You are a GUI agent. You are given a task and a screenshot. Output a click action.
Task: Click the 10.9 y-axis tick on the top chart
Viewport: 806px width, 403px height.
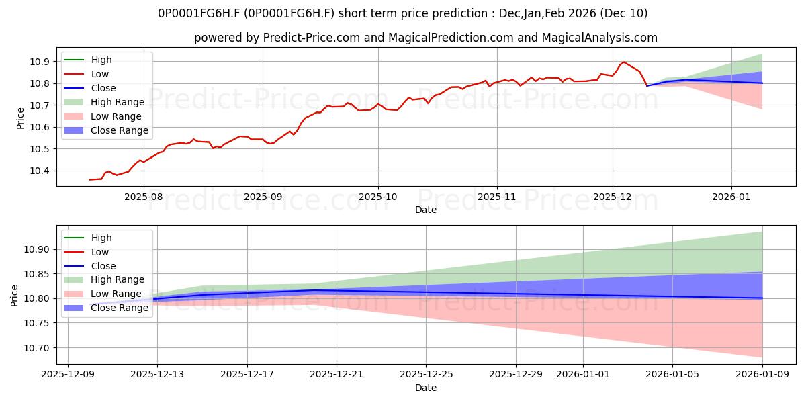40,62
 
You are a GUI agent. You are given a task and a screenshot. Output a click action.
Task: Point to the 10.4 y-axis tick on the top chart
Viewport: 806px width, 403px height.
40,171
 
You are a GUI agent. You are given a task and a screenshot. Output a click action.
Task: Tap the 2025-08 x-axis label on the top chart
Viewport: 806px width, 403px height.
144,198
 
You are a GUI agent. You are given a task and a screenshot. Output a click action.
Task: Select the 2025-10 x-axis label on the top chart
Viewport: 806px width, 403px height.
378,198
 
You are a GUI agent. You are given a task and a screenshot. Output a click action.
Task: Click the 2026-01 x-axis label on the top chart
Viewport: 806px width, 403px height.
731,198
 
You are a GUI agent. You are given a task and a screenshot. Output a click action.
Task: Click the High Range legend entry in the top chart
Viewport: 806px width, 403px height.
118,102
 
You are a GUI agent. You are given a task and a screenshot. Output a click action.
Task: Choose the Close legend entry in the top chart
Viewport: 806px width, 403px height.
103,88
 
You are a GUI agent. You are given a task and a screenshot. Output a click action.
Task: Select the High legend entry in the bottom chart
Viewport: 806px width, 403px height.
101,238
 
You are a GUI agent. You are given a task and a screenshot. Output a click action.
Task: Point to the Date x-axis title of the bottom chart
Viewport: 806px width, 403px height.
426,388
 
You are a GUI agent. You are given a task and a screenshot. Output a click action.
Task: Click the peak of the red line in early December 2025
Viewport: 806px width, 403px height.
624,62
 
